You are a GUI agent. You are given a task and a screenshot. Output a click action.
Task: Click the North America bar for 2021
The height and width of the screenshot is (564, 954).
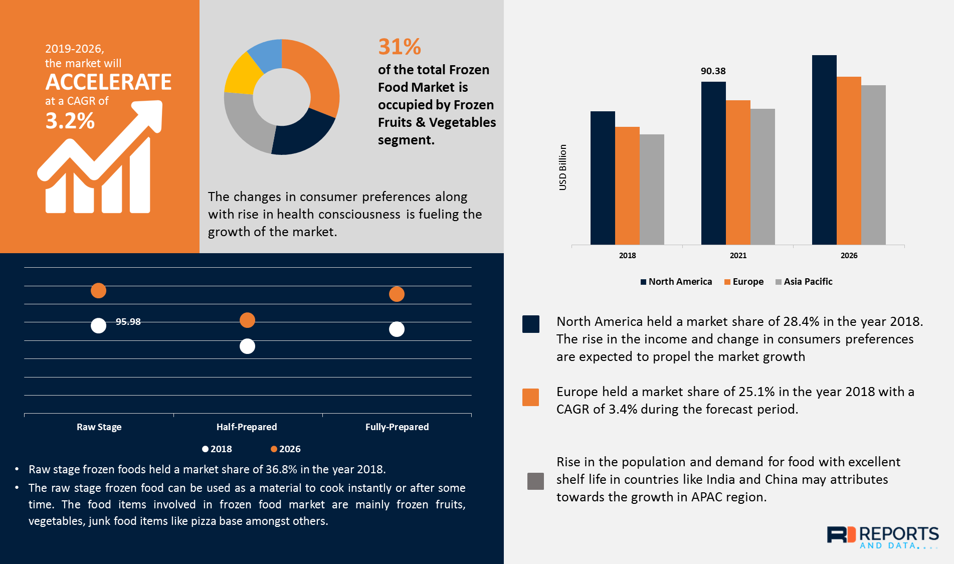[713, 163]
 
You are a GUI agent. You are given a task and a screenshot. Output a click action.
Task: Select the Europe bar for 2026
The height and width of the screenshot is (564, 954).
[849, 160]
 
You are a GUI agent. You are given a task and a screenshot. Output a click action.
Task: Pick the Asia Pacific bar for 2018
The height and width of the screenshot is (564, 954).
[652, 190]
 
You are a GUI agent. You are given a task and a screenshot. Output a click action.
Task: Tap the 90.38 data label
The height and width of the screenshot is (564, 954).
[713, 71]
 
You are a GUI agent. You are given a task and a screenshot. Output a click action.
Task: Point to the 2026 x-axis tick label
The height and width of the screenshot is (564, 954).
[849, 256]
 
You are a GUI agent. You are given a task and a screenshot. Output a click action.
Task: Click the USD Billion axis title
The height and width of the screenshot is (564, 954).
[562, 167]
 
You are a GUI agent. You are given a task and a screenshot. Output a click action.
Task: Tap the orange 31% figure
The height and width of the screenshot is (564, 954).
[400, 47]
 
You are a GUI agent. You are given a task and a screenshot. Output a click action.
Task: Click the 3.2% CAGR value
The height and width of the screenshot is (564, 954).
[70, 121]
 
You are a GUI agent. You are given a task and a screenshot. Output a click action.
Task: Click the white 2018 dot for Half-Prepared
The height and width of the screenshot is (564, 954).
[247, 346]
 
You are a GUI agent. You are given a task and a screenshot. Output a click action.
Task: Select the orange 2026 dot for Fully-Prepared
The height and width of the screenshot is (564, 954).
[397, 294]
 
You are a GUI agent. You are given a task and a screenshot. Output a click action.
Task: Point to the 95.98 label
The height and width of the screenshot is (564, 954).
[128, 322]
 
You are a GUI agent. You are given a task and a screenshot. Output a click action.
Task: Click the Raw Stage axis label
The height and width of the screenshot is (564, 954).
[99, 427]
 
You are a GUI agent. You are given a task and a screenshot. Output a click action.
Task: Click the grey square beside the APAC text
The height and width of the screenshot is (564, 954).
[535, 481]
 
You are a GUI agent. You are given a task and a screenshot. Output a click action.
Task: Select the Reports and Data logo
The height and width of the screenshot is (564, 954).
[882, 537]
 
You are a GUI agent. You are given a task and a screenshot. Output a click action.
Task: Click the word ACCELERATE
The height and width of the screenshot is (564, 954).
[108, 82]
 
